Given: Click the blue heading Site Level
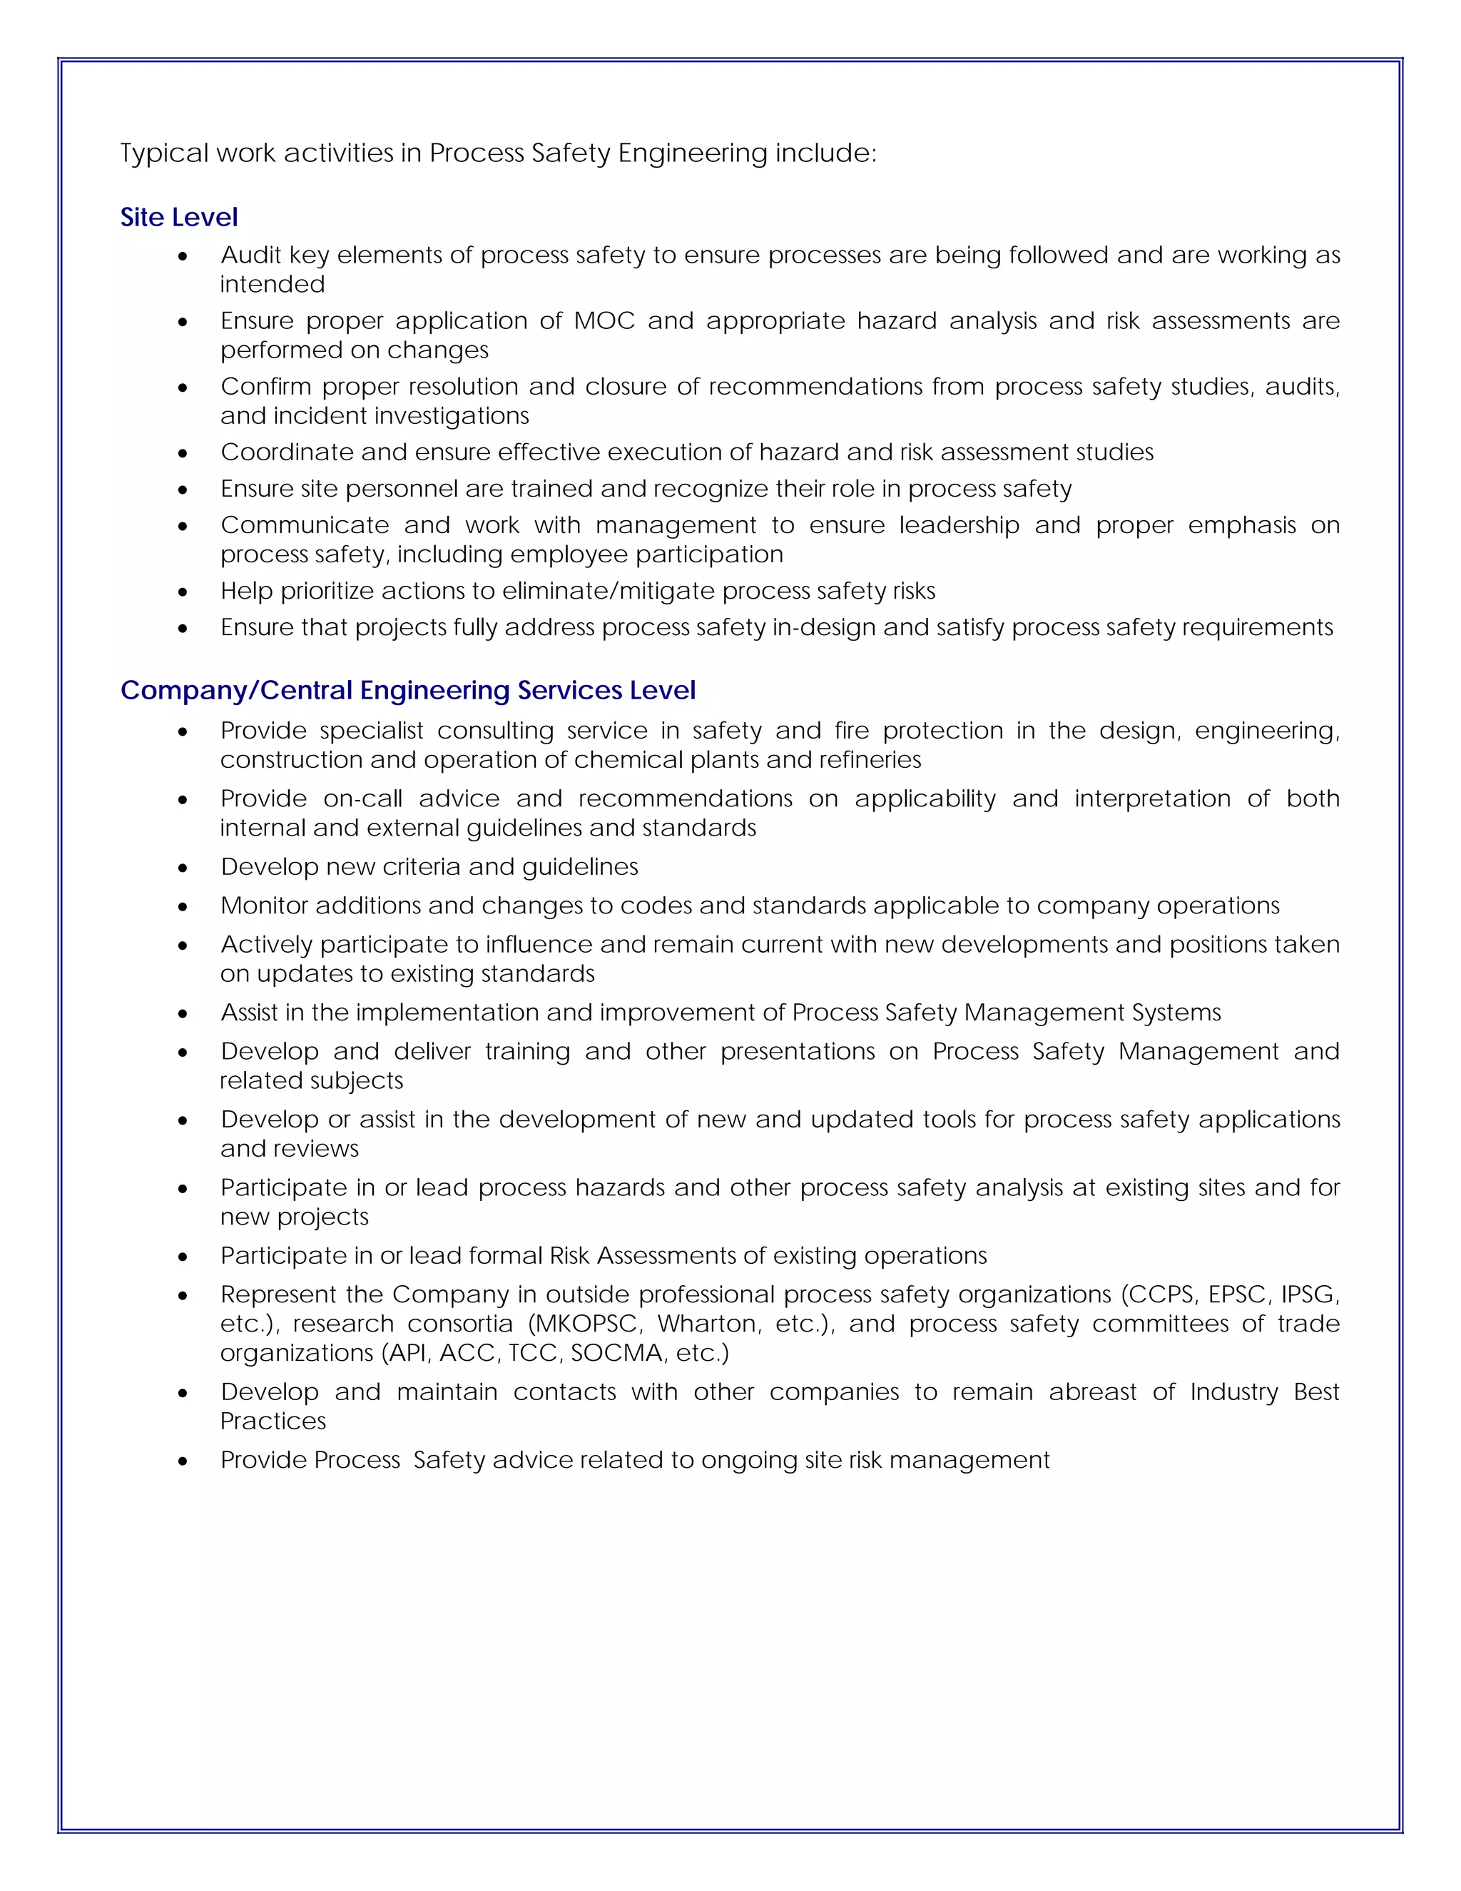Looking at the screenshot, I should click(x=178, y=218).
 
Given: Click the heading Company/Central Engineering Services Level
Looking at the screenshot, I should click(x=407, y=690).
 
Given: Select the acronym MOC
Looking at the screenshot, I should click(x=604, y=320).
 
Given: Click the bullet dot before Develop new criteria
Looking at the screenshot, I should click(x=183, y=868).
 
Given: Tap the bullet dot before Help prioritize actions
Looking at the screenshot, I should click(x=183, y=592).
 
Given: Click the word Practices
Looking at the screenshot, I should click(x=273, y=1421).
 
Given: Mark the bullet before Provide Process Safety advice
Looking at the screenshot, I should click(x=183, y=1461).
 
